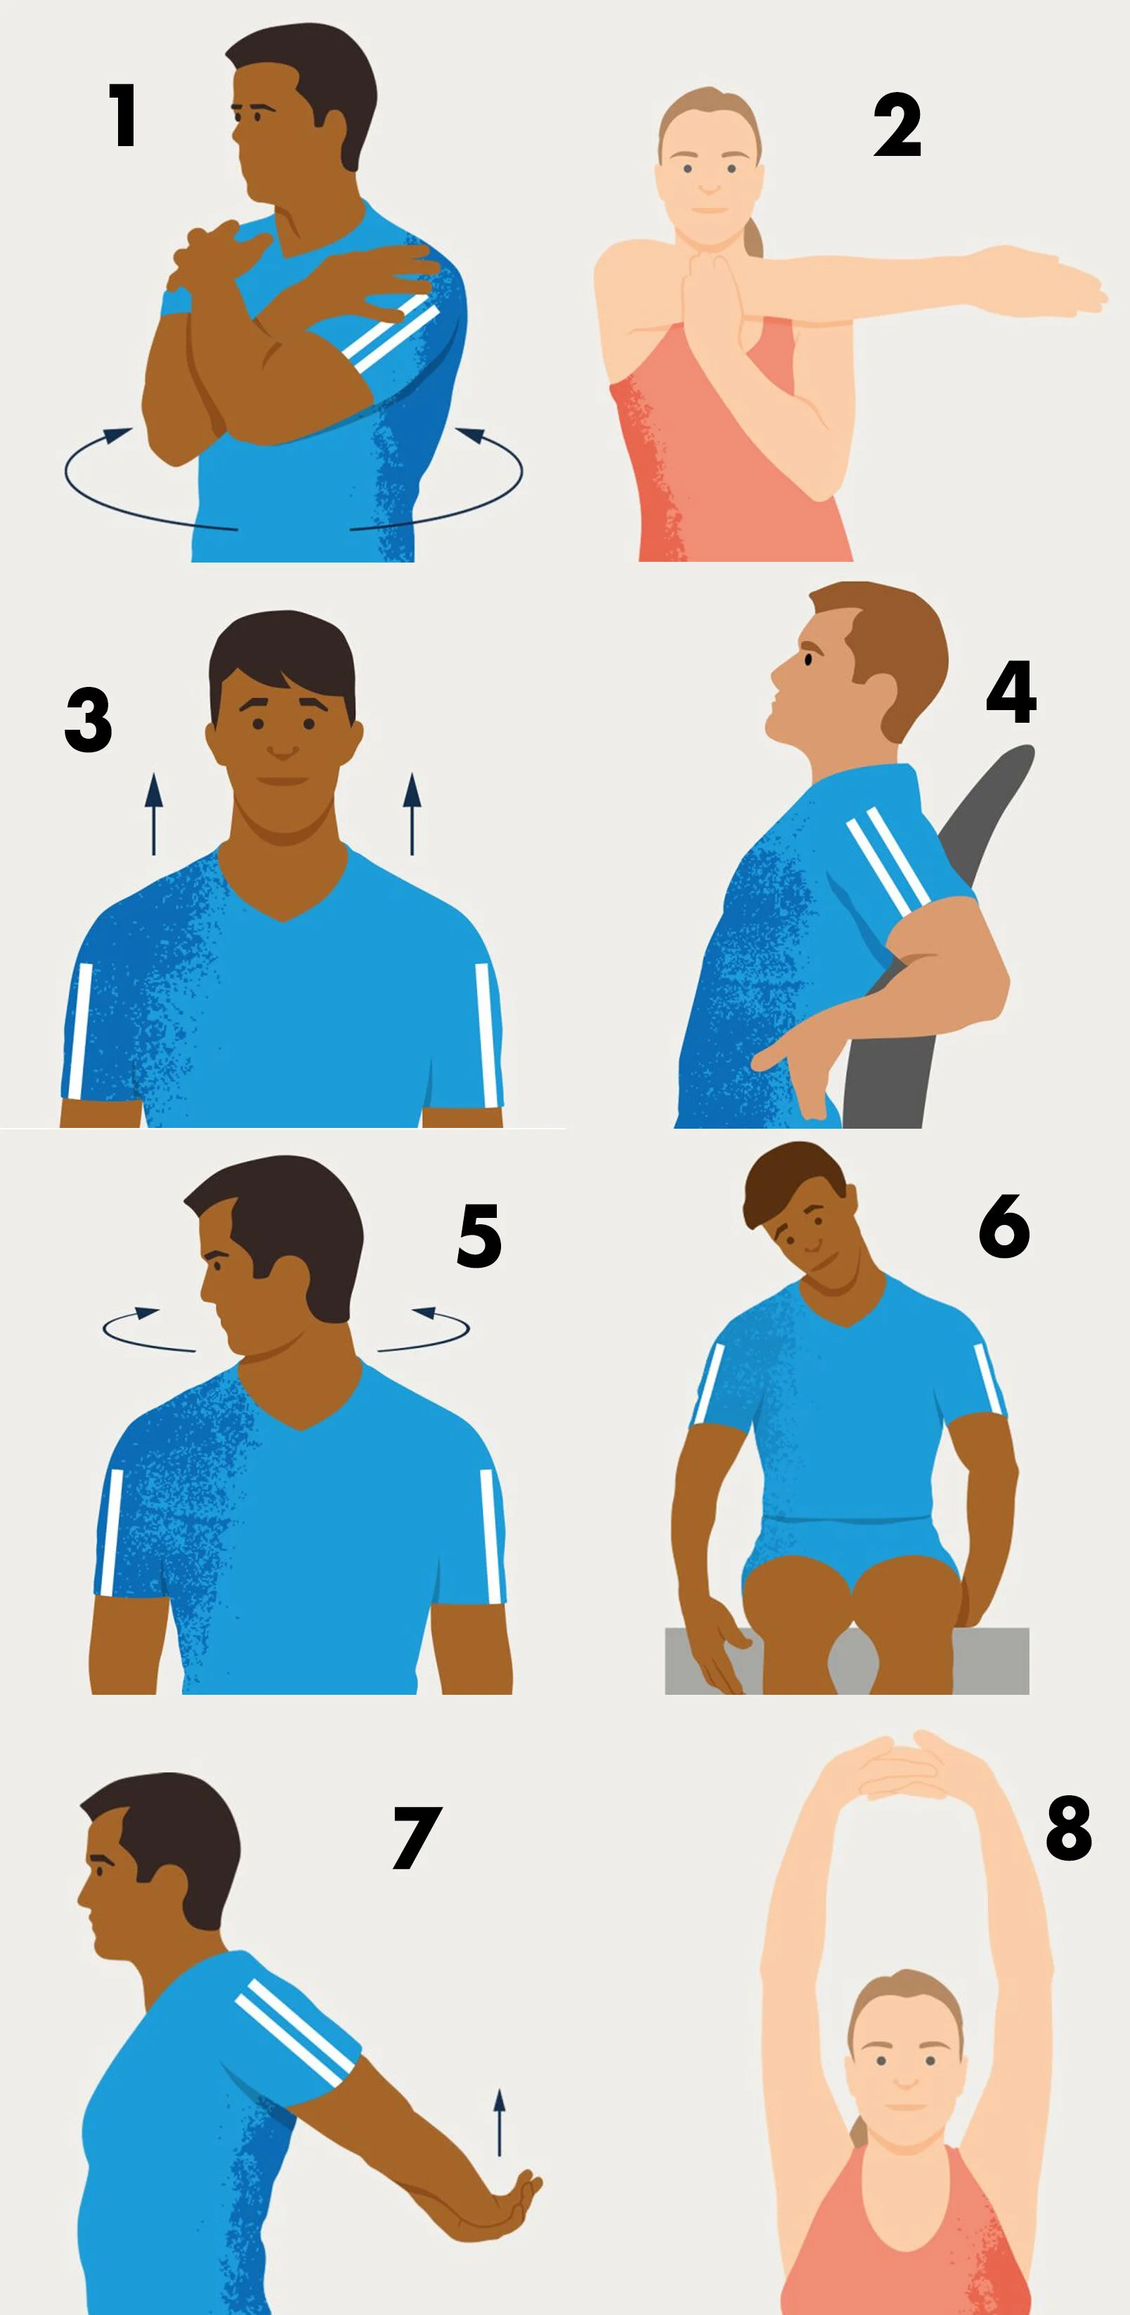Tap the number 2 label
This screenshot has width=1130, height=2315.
(x=897, y=126)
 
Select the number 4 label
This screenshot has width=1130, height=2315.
(x=1011, y=692)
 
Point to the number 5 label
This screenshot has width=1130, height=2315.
(x=479, y=1237)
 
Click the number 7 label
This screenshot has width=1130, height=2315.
(x=417, y=1838)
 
